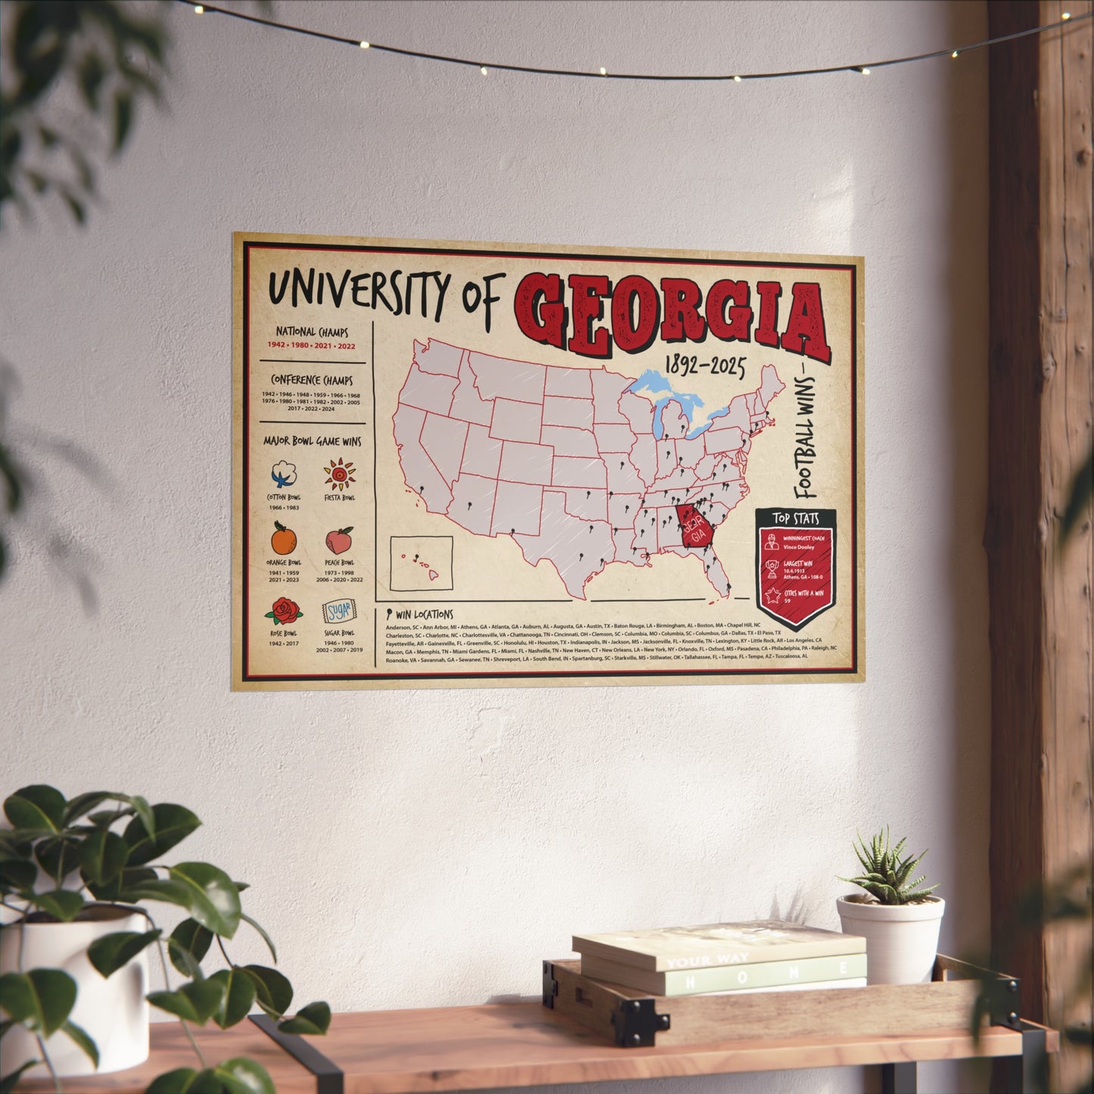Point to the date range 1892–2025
[704, 367]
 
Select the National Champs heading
[312, 332]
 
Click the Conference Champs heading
[312, 380]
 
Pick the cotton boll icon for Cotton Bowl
[284, 475]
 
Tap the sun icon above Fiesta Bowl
[339, 475]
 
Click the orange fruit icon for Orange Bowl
[284, 539]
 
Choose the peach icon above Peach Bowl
[339, 541]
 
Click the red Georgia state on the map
[695, 527]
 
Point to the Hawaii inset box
[421, 563]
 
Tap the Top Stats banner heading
[795, 519]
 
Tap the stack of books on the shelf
[719, 958]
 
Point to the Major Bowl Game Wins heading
[312, 441]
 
